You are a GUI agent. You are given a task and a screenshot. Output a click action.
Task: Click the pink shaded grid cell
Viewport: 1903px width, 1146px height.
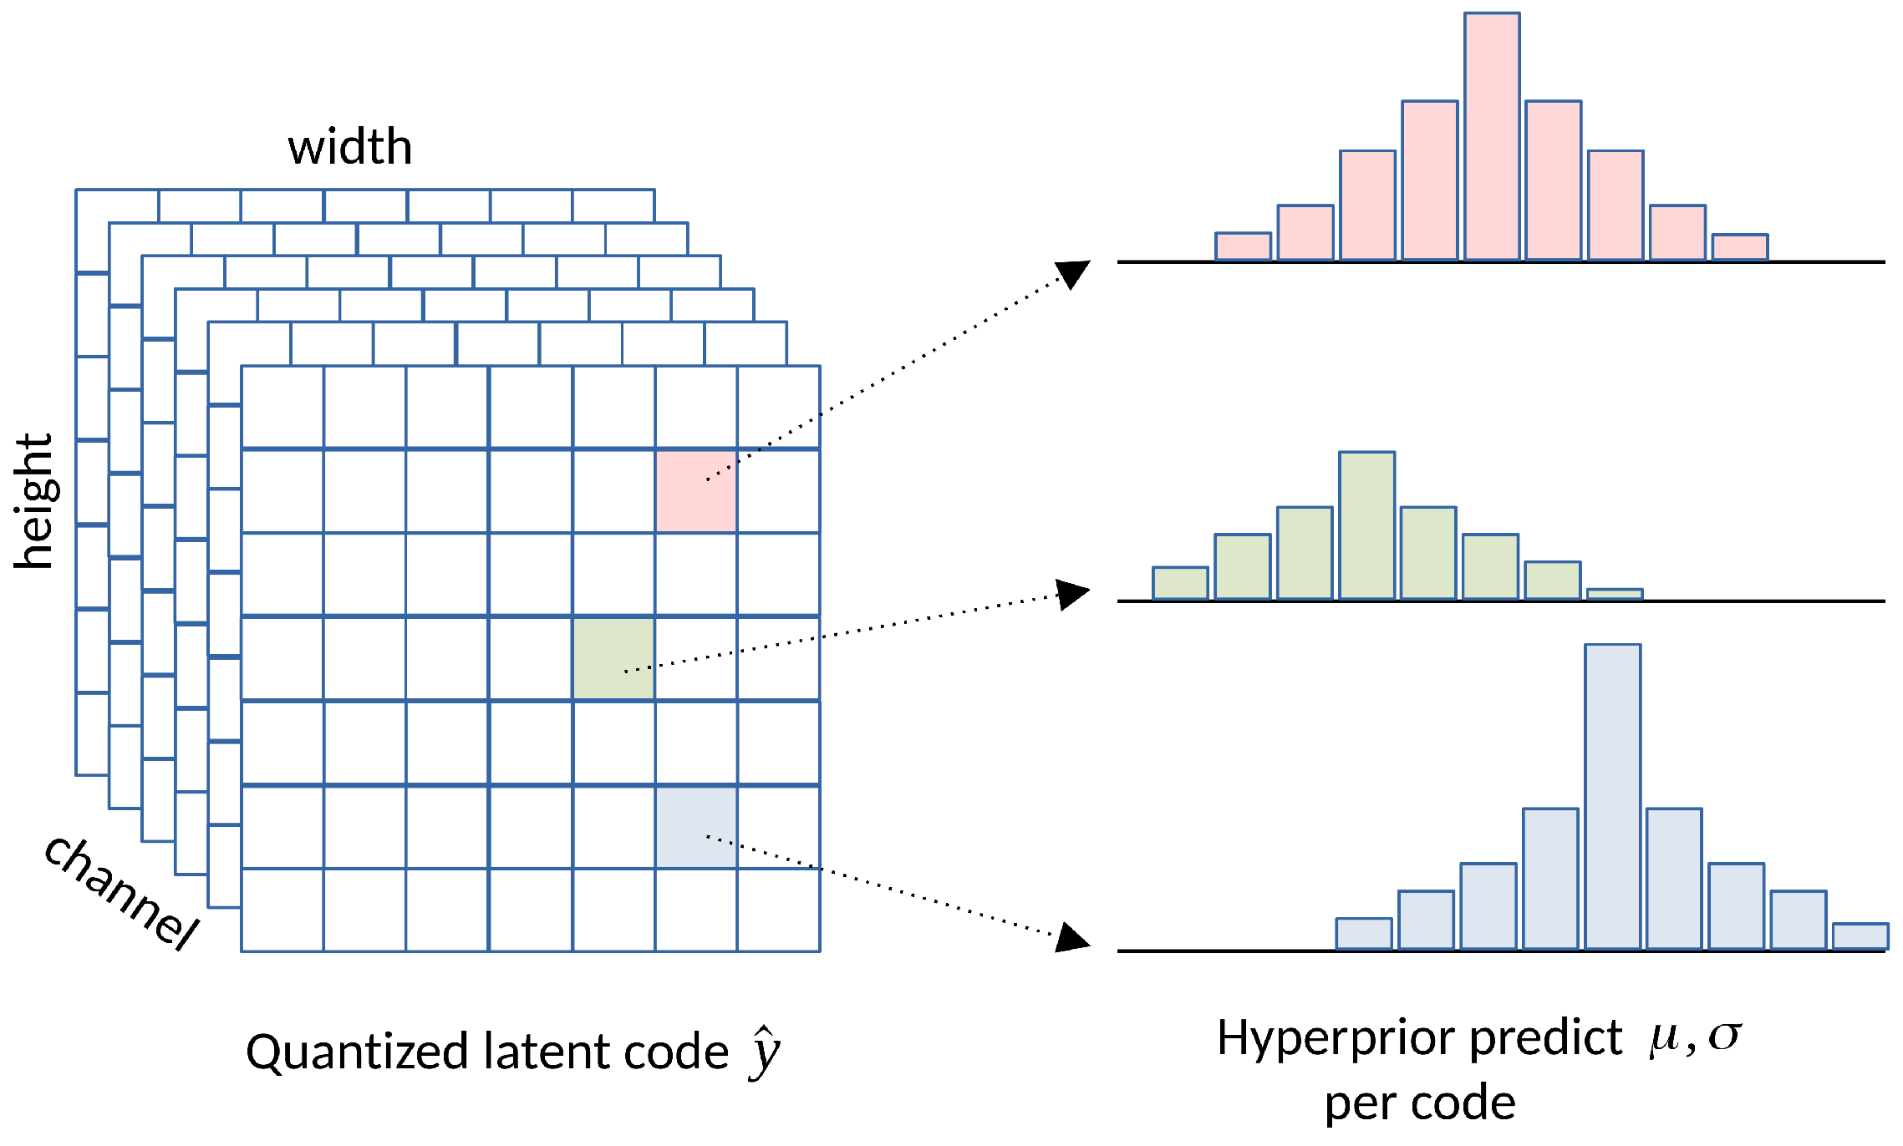(696, 491)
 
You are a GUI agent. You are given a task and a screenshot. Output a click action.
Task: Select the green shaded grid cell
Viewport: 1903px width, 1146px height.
(613, 658)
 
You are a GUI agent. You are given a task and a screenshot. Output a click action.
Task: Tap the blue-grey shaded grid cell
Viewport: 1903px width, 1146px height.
(696, 827)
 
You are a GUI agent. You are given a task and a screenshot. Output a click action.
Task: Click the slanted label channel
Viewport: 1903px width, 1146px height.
(121, 892)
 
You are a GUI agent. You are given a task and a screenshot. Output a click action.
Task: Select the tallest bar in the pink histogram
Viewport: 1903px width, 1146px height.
(1492, 137)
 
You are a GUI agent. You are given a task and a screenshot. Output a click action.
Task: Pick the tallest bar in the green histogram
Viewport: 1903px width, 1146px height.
(1366, 525)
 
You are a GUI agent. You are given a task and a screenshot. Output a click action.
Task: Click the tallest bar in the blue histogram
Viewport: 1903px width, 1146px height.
(1612, 797)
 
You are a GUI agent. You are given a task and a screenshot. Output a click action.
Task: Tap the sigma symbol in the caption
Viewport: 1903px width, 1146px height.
(1724, 1037)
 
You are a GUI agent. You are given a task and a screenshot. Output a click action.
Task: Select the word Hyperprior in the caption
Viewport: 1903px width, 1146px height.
(1338, 1039)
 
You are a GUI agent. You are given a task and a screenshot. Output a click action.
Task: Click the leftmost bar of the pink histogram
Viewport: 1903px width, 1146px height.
(1243, 246)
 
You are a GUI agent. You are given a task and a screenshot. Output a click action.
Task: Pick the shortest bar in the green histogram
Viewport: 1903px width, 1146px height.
(1614, 594)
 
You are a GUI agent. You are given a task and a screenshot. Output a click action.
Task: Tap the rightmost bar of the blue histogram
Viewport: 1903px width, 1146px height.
(1860, 936)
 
